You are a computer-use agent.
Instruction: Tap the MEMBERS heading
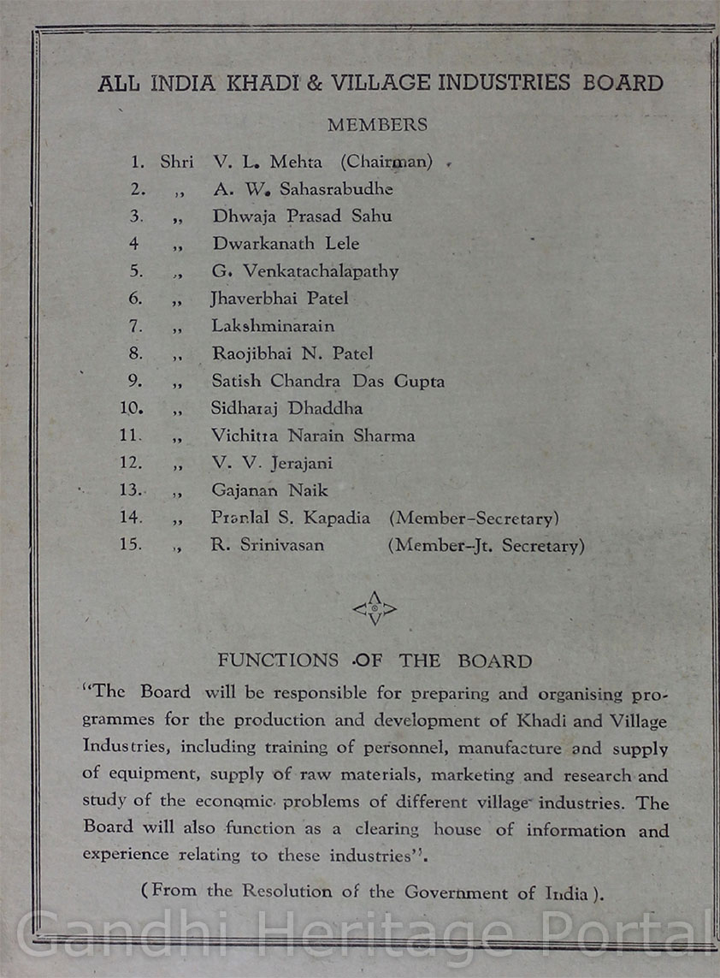(377, 125)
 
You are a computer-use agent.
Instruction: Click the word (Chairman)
(386, 161)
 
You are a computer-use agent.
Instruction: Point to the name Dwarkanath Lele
(286, 243)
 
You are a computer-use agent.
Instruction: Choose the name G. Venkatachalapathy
(305, 271)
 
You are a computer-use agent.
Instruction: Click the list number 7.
(133, 326)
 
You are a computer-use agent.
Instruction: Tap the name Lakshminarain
(273, 326)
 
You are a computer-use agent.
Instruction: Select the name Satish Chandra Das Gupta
(328, 381)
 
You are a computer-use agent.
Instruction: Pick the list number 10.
(132, 408)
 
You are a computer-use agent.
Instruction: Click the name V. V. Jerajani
(272, 463)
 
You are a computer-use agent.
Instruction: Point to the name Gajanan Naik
(269, 490)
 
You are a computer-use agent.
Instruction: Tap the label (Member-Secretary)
(474, 519)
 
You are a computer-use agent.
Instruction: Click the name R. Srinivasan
(267, 545)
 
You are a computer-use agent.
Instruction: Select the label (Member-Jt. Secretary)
(486, 546)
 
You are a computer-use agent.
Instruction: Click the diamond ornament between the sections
(375, 608)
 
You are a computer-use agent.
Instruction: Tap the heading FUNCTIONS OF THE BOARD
(375, 661)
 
